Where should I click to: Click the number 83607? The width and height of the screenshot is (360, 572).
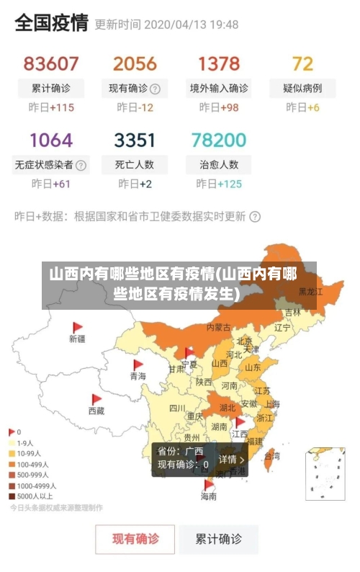[x=51, y=63]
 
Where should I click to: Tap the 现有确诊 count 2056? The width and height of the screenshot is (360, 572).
[x=135, y=63]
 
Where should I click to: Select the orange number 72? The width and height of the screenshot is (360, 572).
[x=302, y=63]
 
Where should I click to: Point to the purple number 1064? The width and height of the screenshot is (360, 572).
[x=51, y=139]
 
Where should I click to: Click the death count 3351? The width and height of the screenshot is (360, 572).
[x=135, y=139]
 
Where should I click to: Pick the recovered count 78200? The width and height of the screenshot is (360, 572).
[x=219, y=139]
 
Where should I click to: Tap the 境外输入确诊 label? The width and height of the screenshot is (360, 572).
[x=219, y=89]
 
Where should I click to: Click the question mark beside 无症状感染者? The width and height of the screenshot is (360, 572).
[x=81, y=165]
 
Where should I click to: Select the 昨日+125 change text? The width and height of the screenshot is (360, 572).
[x=219, y=184]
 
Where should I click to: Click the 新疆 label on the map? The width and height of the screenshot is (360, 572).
[x=77, y=338]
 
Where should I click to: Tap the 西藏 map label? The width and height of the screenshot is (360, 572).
[x=96, y=411]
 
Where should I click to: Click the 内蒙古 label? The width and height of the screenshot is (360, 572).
[x=219, y=327]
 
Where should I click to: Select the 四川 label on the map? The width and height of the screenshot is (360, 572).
[x=177, y=408]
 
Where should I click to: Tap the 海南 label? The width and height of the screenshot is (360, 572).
[x=208, y=496]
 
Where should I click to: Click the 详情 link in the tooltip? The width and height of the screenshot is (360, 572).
[x=231, y=459]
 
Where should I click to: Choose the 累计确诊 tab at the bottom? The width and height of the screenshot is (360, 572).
[x=220, y=538]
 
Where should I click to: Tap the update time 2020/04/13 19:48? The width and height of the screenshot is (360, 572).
[x=191, y=24]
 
